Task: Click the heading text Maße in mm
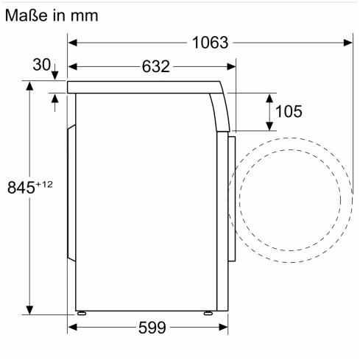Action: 52,15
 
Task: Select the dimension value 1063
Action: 210,43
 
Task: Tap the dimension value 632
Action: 156,66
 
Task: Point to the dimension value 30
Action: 42,65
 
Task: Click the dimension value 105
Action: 289,111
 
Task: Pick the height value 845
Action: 21,188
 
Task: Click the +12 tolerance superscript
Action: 44,184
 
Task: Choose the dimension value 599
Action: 152,328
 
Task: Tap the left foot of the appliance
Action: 81,313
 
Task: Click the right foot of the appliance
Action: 208,313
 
